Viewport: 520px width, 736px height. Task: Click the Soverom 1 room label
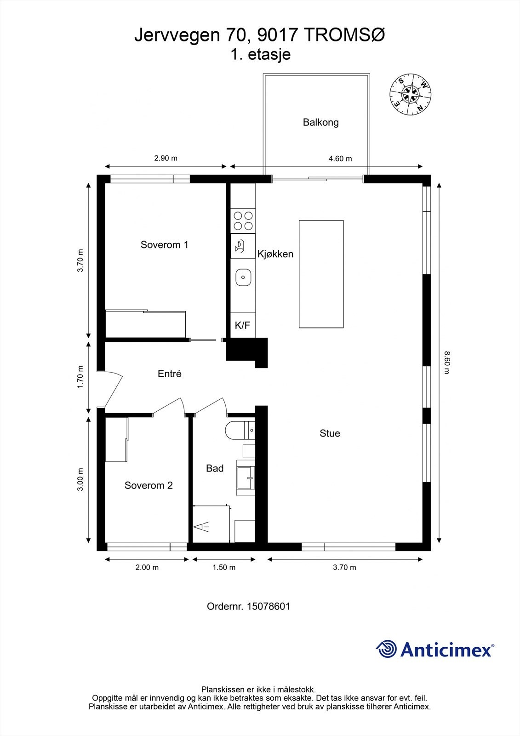coord(164,245)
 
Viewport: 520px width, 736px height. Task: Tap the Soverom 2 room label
coord(149,485)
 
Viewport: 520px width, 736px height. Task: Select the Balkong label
coord(320,122)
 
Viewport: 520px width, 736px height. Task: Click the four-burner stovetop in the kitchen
coord(243,220)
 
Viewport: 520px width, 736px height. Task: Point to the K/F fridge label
coord(242,326)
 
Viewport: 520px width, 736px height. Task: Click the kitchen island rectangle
coord(321,274)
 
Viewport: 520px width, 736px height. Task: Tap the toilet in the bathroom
coord(235,430)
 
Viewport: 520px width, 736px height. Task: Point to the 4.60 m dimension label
coord(340,159)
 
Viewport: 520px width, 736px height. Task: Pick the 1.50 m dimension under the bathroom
coord(224,567)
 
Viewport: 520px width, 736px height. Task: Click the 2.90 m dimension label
coord(166,158)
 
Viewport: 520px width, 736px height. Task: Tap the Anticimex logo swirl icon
coord(386,649)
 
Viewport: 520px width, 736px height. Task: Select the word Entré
coord(169,374)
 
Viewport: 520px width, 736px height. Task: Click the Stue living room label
coord(330,433)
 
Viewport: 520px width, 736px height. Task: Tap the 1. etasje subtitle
coord(260,54)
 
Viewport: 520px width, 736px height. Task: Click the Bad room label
coord(214,468)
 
